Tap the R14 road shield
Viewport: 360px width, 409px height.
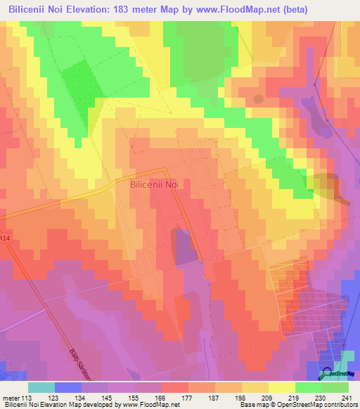click(x=6, y=239)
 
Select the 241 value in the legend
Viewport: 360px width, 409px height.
click(x=345, y=397)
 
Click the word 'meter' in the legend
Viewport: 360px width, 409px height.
click(x=12, y=397)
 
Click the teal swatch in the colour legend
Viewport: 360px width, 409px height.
click(x=41, y=387)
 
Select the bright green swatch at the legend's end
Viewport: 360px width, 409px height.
click(x=335, y=387)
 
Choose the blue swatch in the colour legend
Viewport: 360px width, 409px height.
click(x=68, y=387)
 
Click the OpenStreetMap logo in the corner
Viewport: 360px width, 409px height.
click(x=335, y=374)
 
